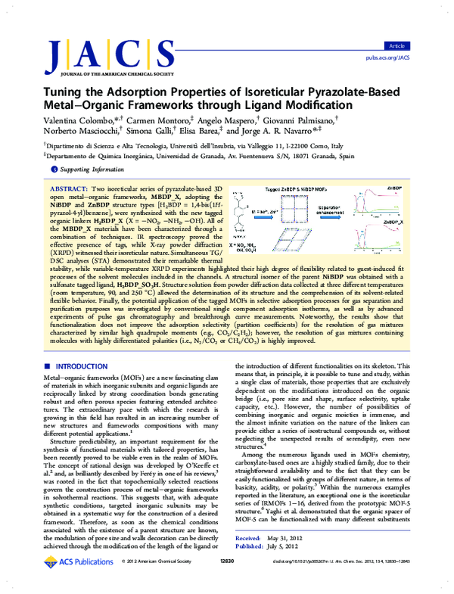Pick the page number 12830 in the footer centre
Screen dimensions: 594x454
(x=226, y=581)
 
